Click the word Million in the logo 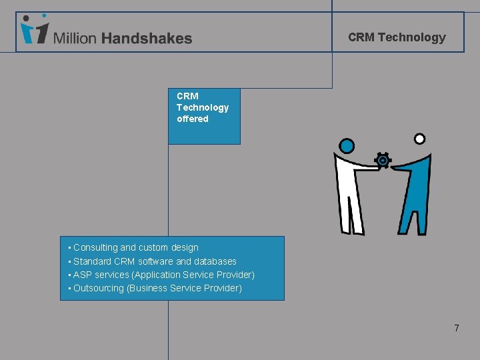pyautogui.click(x=75, y=39)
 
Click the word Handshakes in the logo pyautogui.click(x=147, y=39)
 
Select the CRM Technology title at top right pyautogui.click(x=397, y=37)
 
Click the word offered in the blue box pyautogui.click(x=193, y=119)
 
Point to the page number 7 pyautogui.click(x=457, y=328)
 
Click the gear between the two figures pyautogui.click(x=383, y=161)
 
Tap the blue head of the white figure pyautogui.click(x=347, y=145)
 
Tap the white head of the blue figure pyautogui.click(x=419, y=139)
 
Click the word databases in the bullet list pyautogui.click(x=215, y=261)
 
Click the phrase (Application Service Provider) pyautogui.click(x=193, y=275)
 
